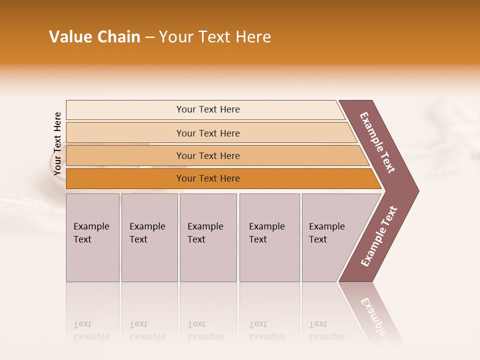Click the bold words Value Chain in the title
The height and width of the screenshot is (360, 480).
(x=94, y=37)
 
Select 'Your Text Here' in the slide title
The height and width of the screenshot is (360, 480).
(x=215, y=37)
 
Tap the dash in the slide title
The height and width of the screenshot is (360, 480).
(x=149, y=37)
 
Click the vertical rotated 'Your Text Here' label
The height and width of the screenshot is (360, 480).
(x=57, y=144)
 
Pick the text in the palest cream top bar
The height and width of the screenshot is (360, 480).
(x=208, y=109)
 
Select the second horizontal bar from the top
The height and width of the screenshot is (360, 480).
(x=208, y=133)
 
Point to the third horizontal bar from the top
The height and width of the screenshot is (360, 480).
(x=208, y=155)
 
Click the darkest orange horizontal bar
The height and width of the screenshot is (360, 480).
(x=208, y=178)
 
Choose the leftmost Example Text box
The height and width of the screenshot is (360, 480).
(x=92, y=237)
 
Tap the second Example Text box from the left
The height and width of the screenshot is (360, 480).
(x=149, y=237)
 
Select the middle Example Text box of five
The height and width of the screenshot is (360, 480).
(x=207, y=237)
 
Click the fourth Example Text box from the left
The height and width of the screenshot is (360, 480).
(x=269, y=237)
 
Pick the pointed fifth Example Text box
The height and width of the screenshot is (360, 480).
(x=330, y=237)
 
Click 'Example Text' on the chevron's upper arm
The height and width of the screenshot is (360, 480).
(x=377, y=142)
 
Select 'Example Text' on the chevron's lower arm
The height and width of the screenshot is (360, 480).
(x=379, y=236)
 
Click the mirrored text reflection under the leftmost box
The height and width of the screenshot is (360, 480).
(x=91, y=330)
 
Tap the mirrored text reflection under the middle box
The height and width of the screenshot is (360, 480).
(x=205, y=330)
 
